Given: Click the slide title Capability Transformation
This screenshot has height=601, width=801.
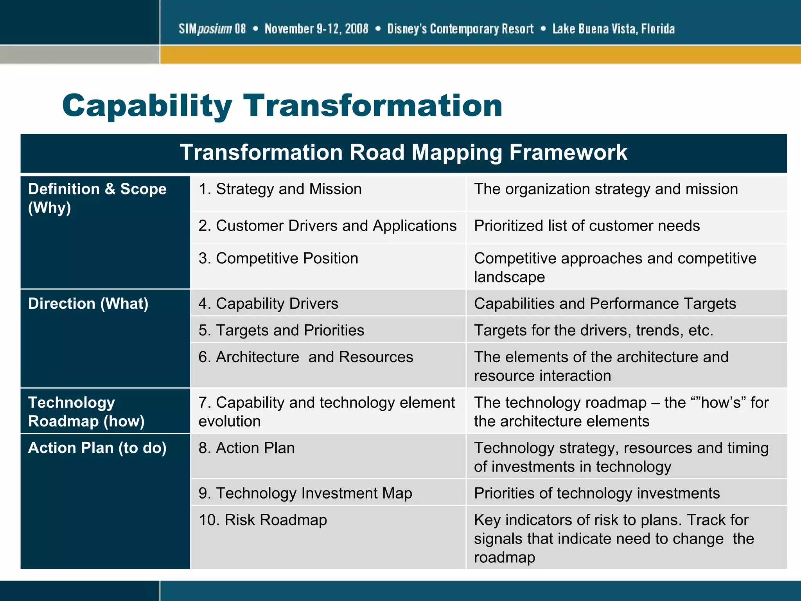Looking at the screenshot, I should coord(282,106).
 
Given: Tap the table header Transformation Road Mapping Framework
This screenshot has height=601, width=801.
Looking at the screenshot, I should coord(403,152).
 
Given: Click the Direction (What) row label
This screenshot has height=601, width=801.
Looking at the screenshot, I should coord(88,304).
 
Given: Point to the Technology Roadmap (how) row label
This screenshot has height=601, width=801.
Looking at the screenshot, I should coord(86,412).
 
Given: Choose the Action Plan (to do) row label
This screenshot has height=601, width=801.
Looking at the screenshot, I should coord(97,448).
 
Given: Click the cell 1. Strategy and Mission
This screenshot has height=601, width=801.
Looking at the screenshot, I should coord(280,189).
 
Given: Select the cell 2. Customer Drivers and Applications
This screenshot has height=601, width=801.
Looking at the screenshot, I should coord(327,226).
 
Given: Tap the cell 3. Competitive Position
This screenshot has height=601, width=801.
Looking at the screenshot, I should coord(278,258).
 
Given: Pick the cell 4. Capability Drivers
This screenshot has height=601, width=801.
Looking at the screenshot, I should coord(268,304).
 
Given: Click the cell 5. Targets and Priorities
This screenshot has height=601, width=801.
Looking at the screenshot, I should coord(281,330).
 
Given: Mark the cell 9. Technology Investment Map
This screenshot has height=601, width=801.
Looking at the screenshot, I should coord(305,493).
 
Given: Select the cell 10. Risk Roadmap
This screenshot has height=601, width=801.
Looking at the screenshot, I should coord(263,520).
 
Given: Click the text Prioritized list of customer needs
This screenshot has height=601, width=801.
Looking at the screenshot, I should coord(587,226).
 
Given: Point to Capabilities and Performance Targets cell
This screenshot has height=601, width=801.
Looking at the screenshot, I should coord(605,304).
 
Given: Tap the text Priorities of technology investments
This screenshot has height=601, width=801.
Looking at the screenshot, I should coord(596,493).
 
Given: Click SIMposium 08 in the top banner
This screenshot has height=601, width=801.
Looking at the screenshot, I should coord(212,29).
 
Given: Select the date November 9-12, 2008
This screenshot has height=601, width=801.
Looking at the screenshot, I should coord(316,29).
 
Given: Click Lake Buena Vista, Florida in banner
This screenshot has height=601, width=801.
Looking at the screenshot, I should coord(613,29).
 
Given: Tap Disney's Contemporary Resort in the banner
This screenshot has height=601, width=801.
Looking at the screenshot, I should coord(460,29).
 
